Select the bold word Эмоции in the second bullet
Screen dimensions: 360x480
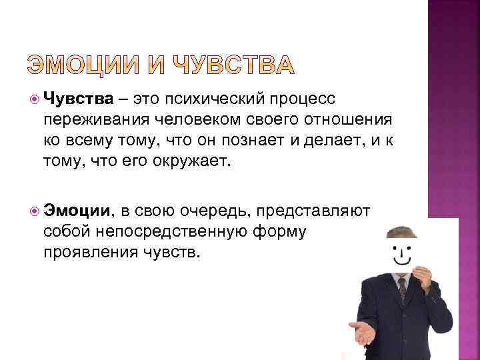77,211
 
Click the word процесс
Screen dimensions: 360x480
307,99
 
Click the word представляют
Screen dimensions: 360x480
313,211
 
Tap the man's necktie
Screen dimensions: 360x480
402,291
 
